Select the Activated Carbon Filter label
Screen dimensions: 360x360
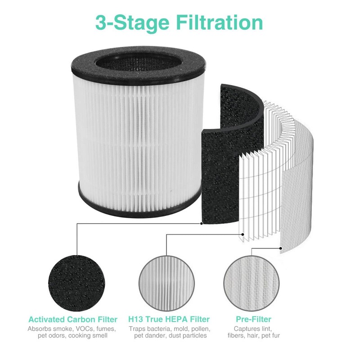(73, 319)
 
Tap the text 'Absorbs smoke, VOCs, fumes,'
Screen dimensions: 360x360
(73, 329)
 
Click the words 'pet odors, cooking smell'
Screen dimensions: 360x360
(73, 336)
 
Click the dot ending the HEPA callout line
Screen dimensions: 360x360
(243, 234)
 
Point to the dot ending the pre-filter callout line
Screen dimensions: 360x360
(281, 247)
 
